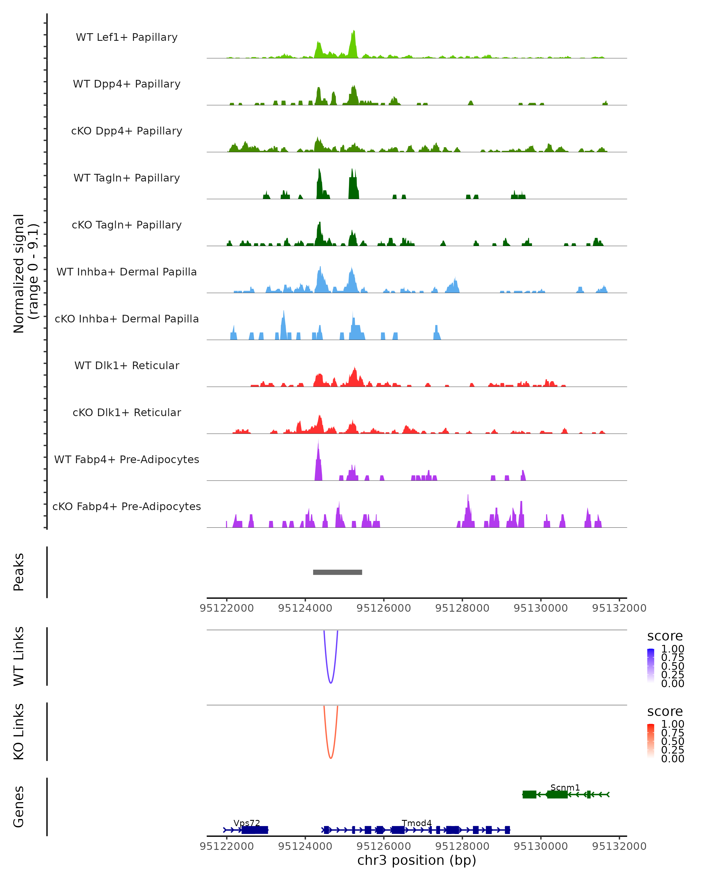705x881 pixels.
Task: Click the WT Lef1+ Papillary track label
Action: pyautogui.click(x=127, y=37)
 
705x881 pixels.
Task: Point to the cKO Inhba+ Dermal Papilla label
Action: pyautogui.click(x=127, y=319)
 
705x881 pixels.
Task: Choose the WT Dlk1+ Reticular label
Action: pyautogui.click(x=127, y=365)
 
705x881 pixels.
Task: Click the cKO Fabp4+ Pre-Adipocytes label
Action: pyautogui.click(x=127, y=506)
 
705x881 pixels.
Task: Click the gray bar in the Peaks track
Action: pyautogui.click(x=337, y=572)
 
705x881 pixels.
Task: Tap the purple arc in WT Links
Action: pyautogui.click(x=331, y=682)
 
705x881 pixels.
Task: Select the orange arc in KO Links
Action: pyautogui.click(x=331, y=758)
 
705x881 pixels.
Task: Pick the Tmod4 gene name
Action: pyautogui.click(x=417, y=823)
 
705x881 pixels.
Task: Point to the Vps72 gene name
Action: pyautogui.click(x=246, y=823)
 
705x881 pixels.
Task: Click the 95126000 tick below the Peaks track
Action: pyautogui.click(x=383, y=608)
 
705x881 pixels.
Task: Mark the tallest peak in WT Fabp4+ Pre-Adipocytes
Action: pyautogui.click(x=318, y=445)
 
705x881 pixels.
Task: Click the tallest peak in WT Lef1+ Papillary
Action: pyautogui.click(x=354, y=33)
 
